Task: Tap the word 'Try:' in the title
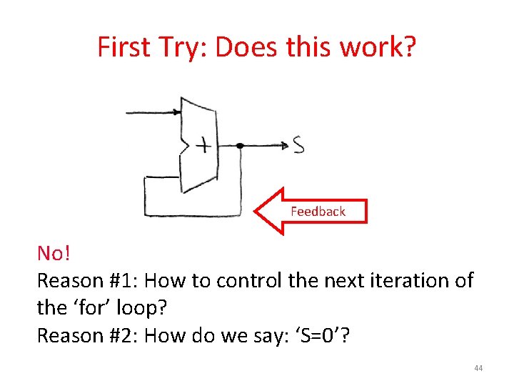tap(181, 47)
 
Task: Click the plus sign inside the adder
tap(204, 146)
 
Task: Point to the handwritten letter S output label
tap(298, 145)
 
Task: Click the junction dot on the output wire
tap(240, 145)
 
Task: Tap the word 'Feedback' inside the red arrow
tap(318, 211)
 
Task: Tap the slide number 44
tap(478, 368)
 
